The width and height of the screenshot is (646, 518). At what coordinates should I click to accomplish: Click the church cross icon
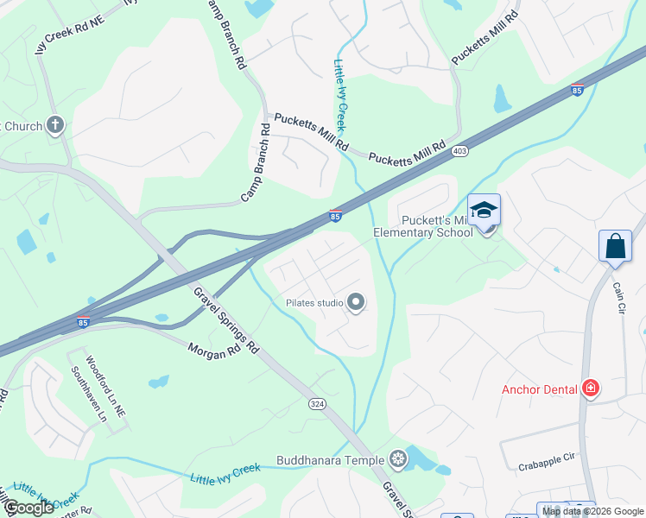click(x=56, y=126)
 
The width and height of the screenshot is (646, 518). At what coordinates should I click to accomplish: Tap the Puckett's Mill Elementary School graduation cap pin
click(x=484, y=212)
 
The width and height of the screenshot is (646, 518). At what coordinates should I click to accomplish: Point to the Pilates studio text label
click(x=314, y=303)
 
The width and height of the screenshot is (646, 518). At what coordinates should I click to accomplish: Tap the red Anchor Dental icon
click(x=591, y=389)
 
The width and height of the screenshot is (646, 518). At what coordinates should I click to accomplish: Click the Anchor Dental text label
click(x=540, y=389)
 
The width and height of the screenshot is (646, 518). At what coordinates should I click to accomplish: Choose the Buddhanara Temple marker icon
click(x=397, y=459)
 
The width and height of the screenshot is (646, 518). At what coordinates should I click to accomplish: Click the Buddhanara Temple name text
click(x=330, y=460)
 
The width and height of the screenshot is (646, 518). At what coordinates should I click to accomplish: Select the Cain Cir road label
click(x=619, y=294)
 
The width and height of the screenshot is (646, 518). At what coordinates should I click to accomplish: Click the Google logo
click(x=28, y=508)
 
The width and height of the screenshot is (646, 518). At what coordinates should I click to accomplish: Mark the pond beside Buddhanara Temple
click(x=426, y=461)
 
